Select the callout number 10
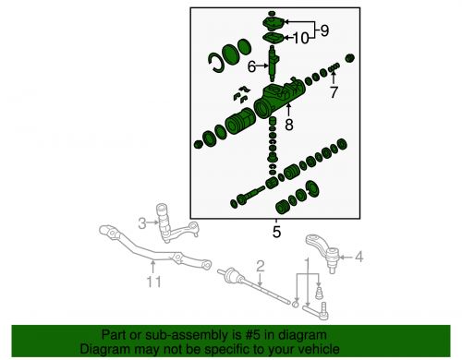(301, 39)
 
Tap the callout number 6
(250, 66)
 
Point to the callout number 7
(334, 91)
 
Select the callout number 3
(142, 222)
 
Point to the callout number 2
(261, 266)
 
